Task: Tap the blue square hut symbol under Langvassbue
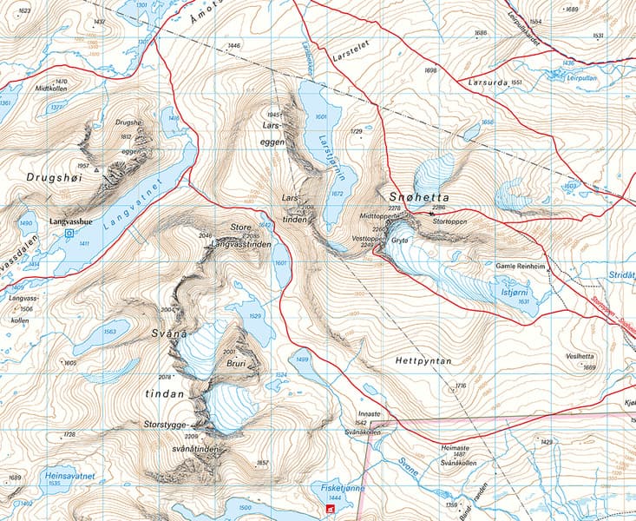(x=69, y=233)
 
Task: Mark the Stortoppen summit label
(x=435, y=221)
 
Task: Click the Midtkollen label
(x=51, y=89)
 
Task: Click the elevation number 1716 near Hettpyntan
(x=461, y=385)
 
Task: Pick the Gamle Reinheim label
(x=521, y=268)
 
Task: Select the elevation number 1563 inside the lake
(x=109, y=332)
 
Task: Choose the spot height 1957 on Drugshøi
(x=83, y=165)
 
